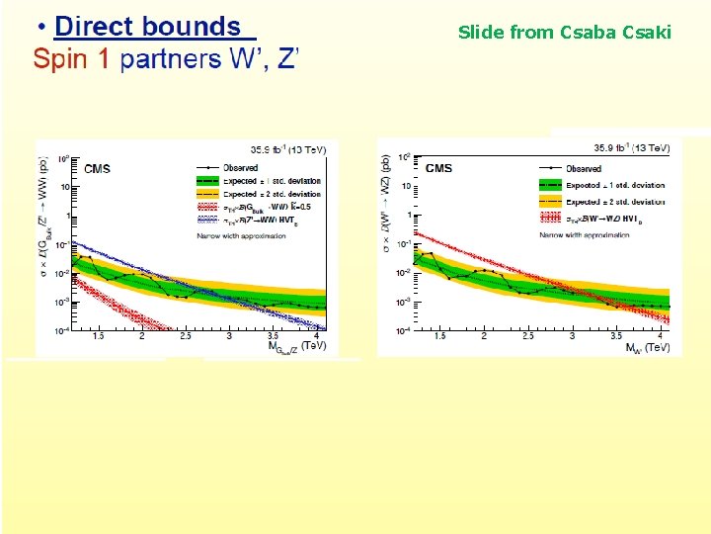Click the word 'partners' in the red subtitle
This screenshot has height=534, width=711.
click(x=171, y=59)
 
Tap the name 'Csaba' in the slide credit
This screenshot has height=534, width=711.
click(x=590, y=33)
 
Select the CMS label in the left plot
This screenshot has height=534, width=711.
click(x=97, y=169)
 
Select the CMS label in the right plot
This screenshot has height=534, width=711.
click(x=438, y=168)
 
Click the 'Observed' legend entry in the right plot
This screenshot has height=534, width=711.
click(x=584, y=168)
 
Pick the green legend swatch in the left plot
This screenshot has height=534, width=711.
click(x=208, y=182)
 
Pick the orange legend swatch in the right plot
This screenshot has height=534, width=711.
click(x=550, y=202)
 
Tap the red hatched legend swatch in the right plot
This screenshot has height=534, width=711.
click(x=550, y=218)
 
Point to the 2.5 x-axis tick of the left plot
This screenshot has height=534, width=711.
click(x=186, y=337)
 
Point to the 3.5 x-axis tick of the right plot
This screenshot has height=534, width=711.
click(x=615, y=337)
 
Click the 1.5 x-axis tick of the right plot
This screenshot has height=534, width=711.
click(x=439, y=337)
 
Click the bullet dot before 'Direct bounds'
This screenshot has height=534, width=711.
click(x=39, y=28)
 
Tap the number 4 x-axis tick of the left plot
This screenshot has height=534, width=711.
click(x=316, y=337)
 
